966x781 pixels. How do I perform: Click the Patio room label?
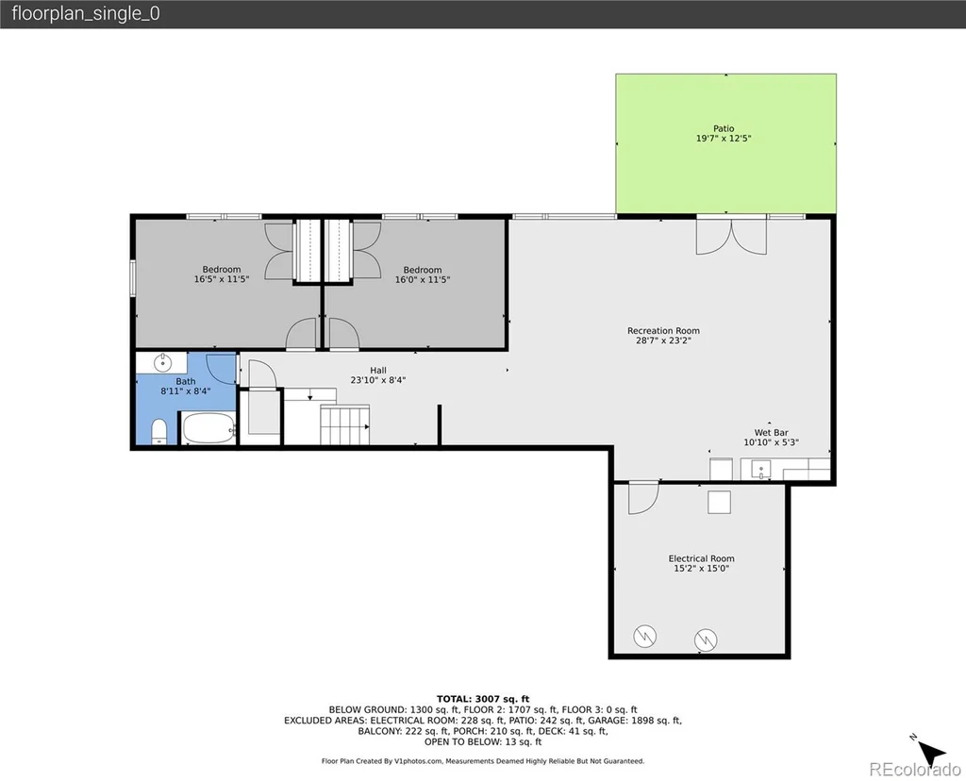click(724, 128)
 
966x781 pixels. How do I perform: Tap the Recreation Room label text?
click(663, 331)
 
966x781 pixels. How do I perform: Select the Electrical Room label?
click(701, 558)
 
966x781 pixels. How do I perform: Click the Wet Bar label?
click(771, 432)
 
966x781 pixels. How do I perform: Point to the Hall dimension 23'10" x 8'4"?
click(377, 380)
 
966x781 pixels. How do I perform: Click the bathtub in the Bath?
click(208, 427)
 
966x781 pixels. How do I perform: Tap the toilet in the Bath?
click(158, 431)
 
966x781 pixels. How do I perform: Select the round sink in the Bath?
click(162, 363)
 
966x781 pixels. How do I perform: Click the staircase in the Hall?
click(344, 424)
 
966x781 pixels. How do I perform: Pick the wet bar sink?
click(761, 471)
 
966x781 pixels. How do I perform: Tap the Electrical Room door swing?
click(643, 498)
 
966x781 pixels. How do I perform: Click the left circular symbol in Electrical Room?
click(645, 636)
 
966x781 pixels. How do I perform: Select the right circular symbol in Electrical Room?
click(706, 640)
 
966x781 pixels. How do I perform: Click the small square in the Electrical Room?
click(719, 502)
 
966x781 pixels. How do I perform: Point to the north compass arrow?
click(930, 752)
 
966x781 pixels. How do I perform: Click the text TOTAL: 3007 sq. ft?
click(483, 698)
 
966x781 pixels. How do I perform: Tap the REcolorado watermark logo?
click(915, 769)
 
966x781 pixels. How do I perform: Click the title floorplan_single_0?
click(86, 13)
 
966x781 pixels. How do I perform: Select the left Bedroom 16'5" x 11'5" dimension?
click(221, 279)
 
